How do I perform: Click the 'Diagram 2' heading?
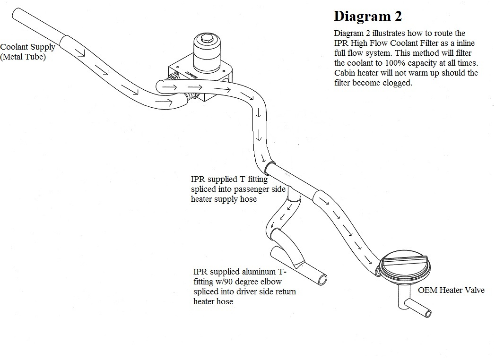(367, 16)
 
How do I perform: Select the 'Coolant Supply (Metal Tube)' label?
(27, 52)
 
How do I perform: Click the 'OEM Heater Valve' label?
(451, 290)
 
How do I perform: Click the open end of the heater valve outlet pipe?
(428, 313)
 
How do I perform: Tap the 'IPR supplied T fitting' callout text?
(229, 180)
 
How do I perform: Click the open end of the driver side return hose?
(323, 279)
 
